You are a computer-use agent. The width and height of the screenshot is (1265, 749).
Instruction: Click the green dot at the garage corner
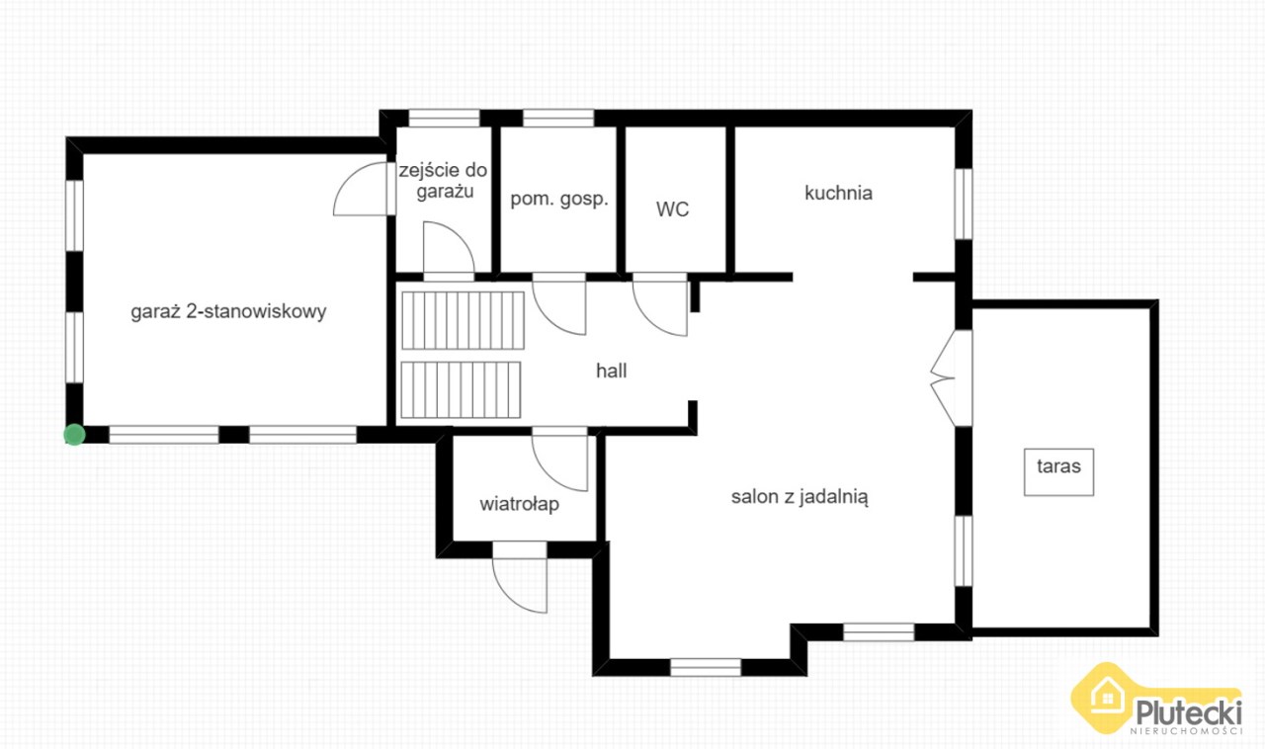[74, 435]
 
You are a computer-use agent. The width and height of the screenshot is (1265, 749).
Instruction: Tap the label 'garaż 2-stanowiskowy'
[228, 312]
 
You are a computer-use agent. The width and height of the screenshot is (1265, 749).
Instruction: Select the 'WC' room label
[673, 209]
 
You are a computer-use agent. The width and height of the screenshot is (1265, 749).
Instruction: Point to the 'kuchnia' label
[839, 194]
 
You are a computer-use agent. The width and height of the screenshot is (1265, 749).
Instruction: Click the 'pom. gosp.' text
[559, 200]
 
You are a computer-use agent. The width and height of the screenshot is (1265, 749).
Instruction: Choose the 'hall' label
[612, 371]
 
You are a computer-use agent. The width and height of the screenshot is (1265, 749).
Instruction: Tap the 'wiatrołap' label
[520, 504]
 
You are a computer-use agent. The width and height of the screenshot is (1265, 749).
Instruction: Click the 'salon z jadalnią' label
[800, 497]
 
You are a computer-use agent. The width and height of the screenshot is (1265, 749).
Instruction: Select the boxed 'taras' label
[1058, 472]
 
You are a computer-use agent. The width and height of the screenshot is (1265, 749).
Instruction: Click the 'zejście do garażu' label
[444, 181]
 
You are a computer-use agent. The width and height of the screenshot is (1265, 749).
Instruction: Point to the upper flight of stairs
[464, 320]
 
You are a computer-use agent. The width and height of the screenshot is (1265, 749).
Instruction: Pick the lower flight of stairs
[461, 389]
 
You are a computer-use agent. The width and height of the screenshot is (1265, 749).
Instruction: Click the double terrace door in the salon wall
[952, 377]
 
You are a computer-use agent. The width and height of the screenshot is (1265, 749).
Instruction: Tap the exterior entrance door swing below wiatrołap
[520, 577]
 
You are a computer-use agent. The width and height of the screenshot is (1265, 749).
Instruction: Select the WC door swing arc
[659, 305]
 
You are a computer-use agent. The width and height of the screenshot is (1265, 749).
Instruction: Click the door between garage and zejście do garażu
[365, 189]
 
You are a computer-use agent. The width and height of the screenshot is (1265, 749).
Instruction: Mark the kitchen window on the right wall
[964, 204]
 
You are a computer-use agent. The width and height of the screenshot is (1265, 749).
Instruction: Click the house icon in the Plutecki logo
[1107, 697]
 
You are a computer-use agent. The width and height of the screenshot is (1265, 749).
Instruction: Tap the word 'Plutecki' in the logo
[1189, 712]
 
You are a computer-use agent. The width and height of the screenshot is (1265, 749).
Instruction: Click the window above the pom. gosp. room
[558, 118]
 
